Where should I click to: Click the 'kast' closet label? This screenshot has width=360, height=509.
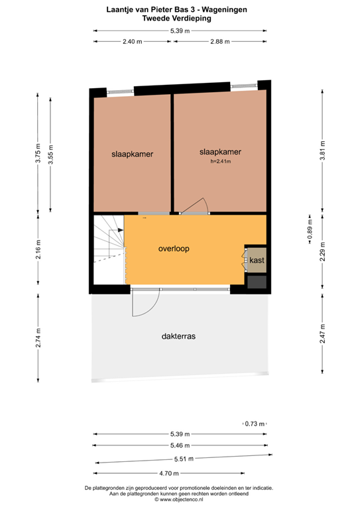click(x=257, y=260)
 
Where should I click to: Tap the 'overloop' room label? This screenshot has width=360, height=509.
click(x=174, y=249)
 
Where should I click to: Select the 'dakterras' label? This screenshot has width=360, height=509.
click(x=178, y=336)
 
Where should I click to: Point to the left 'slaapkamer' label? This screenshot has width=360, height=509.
click(x=133, y=154)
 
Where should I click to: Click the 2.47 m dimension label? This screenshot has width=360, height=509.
click(x=322, y=333)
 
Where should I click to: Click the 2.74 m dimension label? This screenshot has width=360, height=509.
click(x=38, y=338)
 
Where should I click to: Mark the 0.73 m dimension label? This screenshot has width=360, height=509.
click(x=255, y=424)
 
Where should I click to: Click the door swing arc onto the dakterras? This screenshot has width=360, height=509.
click(x=145, y=304)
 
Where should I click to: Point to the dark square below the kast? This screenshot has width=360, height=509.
click(x=256, y=281)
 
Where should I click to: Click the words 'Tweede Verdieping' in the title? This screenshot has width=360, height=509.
click(x=179, y=19)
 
